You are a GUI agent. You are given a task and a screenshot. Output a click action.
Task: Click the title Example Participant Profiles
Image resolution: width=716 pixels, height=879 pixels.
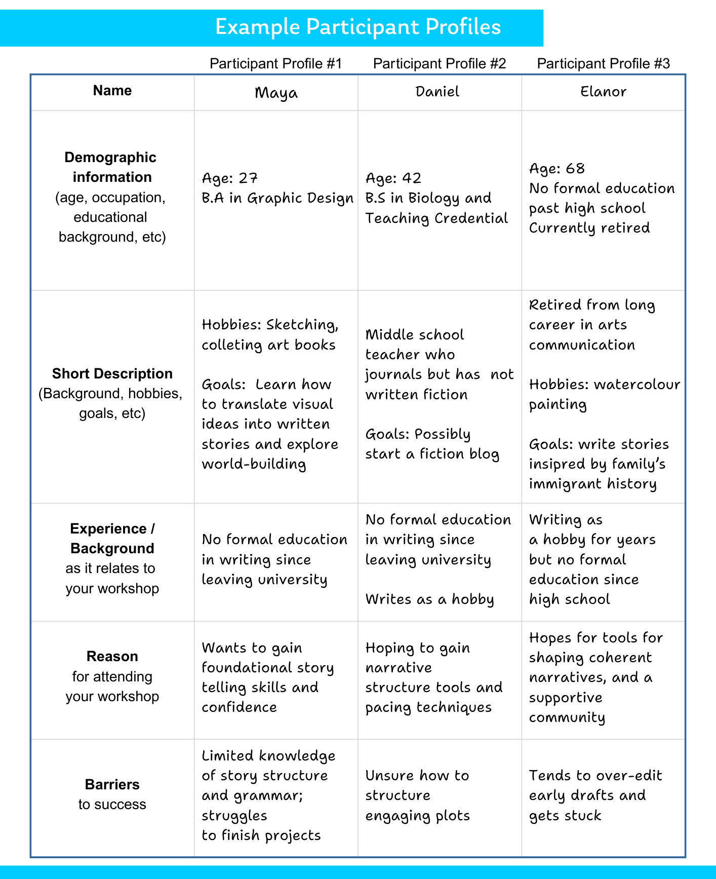[357, 27]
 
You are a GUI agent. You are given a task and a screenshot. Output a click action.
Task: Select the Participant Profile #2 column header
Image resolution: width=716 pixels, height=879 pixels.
[439, 63]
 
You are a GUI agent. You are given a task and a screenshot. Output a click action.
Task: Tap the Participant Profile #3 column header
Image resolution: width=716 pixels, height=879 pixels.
[603, 63]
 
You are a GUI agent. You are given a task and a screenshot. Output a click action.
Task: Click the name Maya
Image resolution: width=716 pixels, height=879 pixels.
[276, 93]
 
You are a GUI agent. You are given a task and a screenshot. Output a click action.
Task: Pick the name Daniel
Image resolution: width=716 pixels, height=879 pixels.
[437, 92]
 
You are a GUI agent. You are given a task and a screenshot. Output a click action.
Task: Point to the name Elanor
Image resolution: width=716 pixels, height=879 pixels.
[603, 92]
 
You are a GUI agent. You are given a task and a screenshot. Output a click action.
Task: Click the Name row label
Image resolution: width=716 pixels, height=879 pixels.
[112, 91]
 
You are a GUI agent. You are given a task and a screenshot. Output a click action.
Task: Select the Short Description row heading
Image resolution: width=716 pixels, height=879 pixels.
[112, 374]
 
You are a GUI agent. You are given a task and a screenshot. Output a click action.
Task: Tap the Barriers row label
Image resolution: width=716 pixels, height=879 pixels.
[112, 784]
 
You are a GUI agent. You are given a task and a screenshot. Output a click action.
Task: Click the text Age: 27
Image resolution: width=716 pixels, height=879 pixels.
[230, 178]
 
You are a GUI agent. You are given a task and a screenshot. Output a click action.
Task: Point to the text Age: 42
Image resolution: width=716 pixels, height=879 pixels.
[393, 178]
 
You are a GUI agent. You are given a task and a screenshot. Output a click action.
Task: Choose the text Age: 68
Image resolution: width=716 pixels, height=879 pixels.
[556, 169]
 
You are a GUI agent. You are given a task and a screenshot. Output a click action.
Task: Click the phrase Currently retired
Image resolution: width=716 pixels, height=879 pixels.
[589, 228]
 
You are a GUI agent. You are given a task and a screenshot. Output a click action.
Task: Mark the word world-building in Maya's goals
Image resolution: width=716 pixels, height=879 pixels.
[254, 464]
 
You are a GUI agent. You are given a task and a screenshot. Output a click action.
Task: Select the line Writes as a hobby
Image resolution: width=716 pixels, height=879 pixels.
[429, 599]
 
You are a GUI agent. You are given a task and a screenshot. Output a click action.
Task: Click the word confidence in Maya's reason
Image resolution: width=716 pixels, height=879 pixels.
[239, 707]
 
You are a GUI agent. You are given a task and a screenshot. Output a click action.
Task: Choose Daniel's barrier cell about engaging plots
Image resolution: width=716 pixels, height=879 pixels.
[417, 795]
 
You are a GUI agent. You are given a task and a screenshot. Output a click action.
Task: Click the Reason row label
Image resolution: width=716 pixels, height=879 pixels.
[112, 657]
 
